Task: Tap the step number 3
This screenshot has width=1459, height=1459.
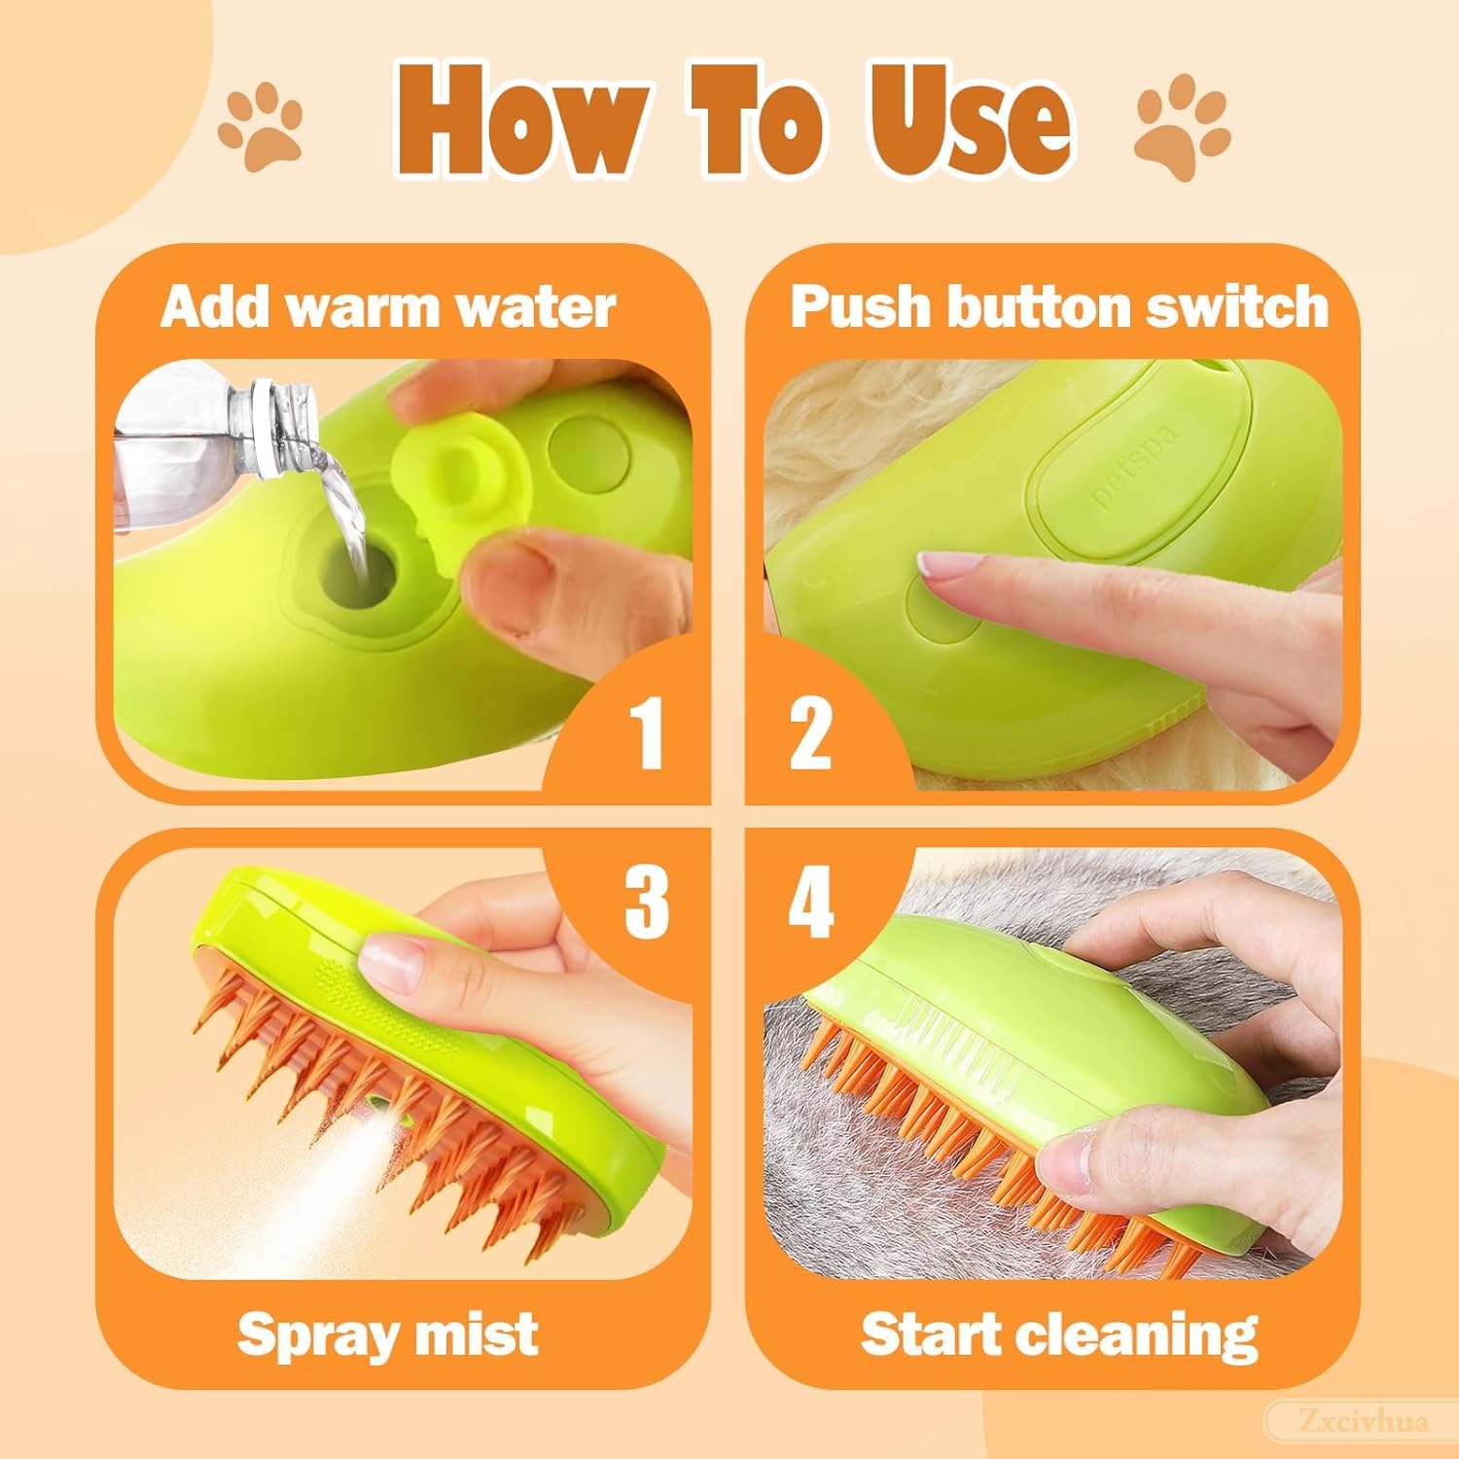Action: (x=648, y=902)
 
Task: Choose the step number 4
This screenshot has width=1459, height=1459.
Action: (x=811, y=902)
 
